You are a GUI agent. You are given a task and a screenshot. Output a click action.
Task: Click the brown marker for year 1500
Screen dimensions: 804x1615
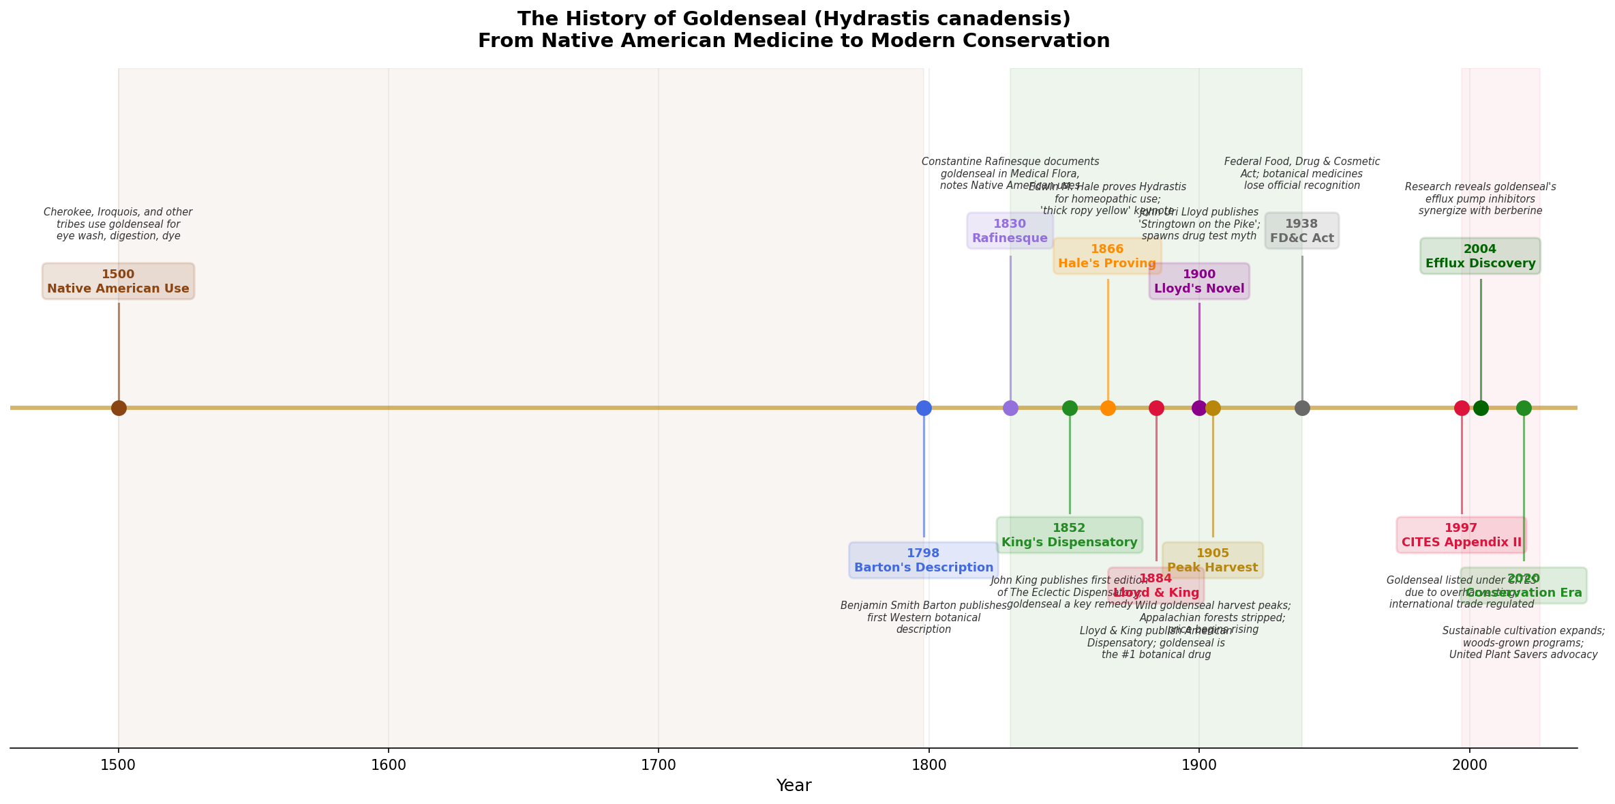tap(119, 408)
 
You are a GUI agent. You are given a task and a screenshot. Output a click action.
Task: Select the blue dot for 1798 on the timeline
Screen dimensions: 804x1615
tap(924, 408)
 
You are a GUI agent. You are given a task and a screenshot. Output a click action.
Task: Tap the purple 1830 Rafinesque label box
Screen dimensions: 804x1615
tap(1010, 231)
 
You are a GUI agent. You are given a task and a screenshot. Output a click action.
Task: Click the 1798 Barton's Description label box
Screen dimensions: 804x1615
tap(924, 561)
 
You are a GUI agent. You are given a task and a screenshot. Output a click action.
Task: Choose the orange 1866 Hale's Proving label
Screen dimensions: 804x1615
tap(1107, 256)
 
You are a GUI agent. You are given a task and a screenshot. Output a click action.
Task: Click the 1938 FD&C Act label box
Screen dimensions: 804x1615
tap(1301, 231)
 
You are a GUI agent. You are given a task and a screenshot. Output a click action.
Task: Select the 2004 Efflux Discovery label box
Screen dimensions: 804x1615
tap(1480, 256)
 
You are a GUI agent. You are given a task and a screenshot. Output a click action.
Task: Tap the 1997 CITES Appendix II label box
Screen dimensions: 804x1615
tap(1461, 535)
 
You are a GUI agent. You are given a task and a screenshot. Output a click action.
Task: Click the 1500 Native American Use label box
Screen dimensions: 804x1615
tap(119, 282)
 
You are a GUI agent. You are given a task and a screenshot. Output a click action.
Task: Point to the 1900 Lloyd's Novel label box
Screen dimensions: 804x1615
tap(1199, 282)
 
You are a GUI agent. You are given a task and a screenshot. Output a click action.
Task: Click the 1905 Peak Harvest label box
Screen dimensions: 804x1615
tap(1213, 561)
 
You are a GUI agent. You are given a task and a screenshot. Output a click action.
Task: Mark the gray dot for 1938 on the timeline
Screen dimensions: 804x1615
tap(1302, 408)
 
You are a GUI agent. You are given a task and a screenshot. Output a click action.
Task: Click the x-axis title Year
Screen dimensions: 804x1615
tap(794, 786)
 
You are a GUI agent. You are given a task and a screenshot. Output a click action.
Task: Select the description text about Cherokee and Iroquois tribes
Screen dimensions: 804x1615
tap(119, 224)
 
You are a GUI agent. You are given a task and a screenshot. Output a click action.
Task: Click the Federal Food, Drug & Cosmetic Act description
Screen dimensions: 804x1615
tap(1301, 173)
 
